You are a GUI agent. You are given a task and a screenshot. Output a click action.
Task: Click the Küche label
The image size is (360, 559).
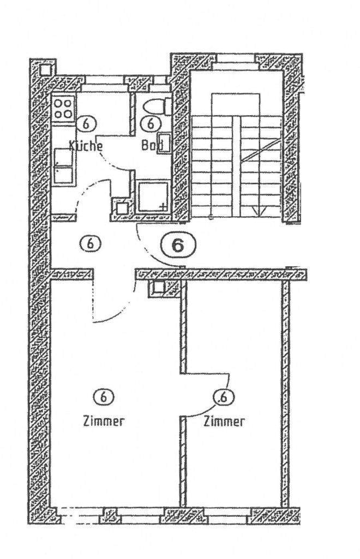[86, 146]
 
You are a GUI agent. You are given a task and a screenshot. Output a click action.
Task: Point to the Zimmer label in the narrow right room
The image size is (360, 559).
[224, 421]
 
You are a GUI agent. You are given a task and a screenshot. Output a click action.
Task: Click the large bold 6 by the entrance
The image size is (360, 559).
[178, 246]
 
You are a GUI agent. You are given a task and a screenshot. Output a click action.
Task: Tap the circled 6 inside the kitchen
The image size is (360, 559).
[84, 123]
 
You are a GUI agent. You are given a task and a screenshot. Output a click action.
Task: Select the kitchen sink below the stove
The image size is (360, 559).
[64, 166]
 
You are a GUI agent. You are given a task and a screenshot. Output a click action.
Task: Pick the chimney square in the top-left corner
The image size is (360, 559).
[46, 68]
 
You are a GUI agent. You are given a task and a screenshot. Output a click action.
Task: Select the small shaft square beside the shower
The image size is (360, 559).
[121, 207]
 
